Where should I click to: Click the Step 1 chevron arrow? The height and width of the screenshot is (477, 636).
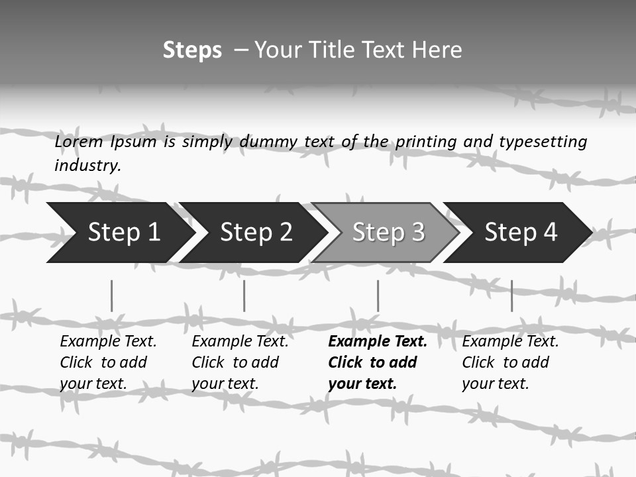click(x=119, y=233)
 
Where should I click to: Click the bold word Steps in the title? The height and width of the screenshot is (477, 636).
click(x=192, y=50)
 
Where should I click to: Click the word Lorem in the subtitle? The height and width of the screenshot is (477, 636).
click(x=79, y=142)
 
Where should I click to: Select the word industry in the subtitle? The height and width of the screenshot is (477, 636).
click(x=87, y=166)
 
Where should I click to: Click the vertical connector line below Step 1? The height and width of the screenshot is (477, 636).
click(x=111, y=295)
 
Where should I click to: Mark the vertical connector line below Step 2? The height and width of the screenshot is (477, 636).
click(x=244, y=295)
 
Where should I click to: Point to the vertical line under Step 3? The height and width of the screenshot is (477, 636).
click(x=378, y=295)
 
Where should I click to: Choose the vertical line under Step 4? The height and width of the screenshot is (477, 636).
click(x=511, y=295)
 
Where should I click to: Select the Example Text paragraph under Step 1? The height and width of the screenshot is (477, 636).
click(x=107, y=362)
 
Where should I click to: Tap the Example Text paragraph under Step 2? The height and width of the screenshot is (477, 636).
click(x=239, y=362)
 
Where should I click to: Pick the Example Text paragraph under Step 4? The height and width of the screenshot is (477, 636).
click(x=509, y=362)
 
